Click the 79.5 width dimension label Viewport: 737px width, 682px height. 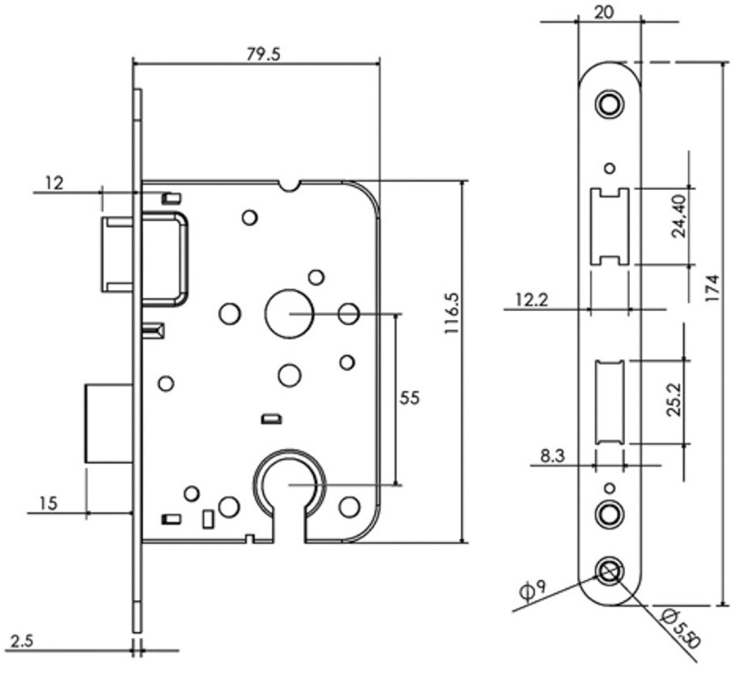coord(264,53)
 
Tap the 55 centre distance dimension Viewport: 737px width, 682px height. coord(409,396)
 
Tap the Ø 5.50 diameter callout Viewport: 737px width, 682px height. coord(681,627)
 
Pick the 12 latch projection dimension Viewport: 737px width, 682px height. coord(54,183)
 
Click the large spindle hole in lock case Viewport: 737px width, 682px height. coord(287,312)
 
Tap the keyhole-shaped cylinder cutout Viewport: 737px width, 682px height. coord(288,491)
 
